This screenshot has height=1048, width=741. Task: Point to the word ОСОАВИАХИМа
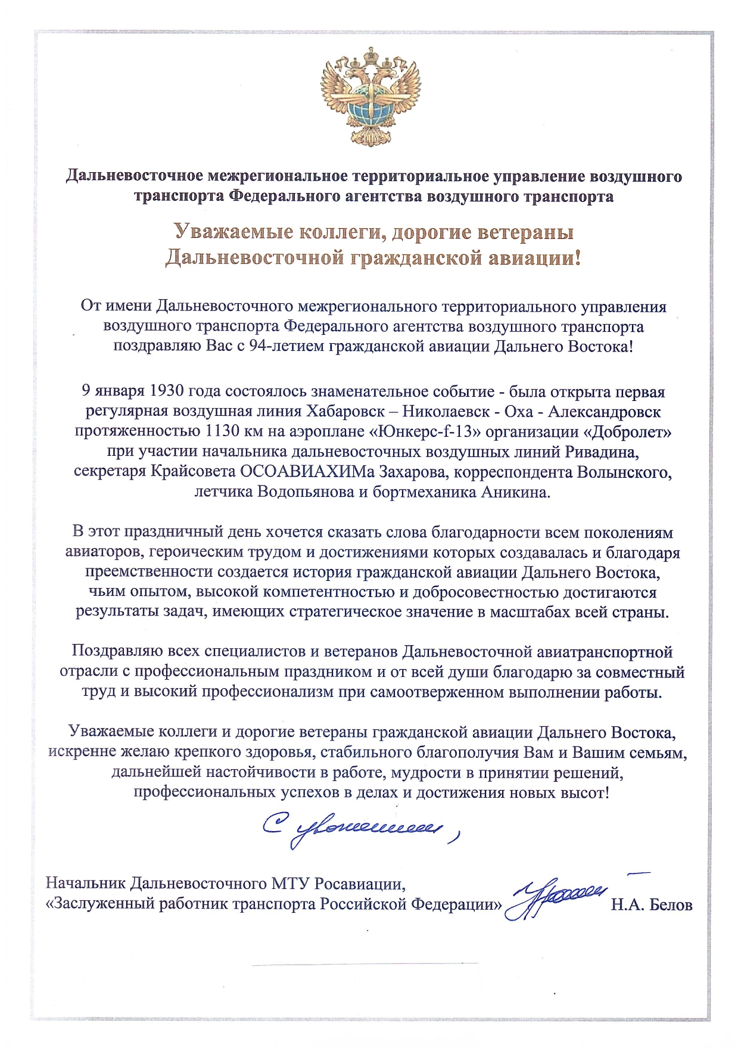click(308, 472)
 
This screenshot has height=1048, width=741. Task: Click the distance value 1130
click(222, 432)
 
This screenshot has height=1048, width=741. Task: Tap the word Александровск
click(604, 412)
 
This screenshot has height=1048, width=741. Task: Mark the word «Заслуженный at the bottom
click(101, 904)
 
